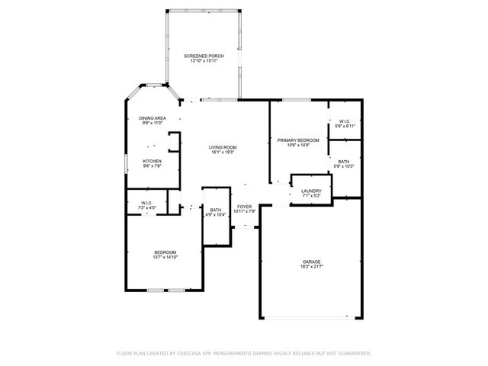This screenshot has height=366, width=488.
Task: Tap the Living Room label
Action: (223, 147)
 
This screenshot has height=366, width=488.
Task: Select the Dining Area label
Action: (152, 118)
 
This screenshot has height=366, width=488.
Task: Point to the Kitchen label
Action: (152, 161)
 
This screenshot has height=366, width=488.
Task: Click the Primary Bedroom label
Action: (298, 140)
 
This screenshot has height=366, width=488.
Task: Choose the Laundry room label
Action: (311, 191)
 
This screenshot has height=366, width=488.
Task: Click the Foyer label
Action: (245, 207)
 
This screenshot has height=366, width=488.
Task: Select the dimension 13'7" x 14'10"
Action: (165, 258)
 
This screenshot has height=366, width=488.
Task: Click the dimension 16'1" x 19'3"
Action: (223, 152)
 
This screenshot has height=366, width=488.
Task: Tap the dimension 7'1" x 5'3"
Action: (311, 196)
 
